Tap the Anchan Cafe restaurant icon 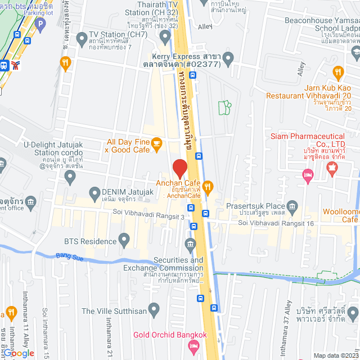click(x=208, y=187)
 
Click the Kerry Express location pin click(x=228, y=58)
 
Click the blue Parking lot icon click(x=39, y=24)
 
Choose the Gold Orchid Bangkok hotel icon click(x=194, y=348)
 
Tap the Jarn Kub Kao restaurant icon click(x=337, y=72)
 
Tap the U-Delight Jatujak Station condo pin click(x=70, y=178)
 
